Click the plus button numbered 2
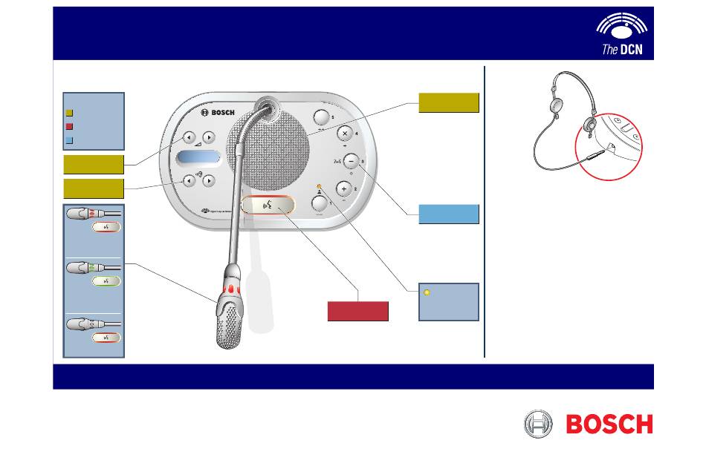pyautogui.click(x=345, y=188)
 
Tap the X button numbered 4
pyautogui.click(x=345, y=134)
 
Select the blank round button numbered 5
pyautogui.click(x=320, y=117)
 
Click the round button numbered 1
pyautogui.click(x=320, y=203)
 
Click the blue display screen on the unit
pyautogui.click(x=199, y=158)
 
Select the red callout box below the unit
pyautogui.click(x=358, y=311)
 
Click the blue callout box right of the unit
pyautogui.click(x=449, y=214)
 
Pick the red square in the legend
pyautogui.click(x=69, y=125)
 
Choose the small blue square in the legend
pyautogui.click(x=69, y=139)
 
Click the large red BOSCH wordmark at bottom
pyautogui.click(x=609, y=424)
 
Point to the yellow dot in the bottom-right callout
pyautogui.click(x=426, y=292)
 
